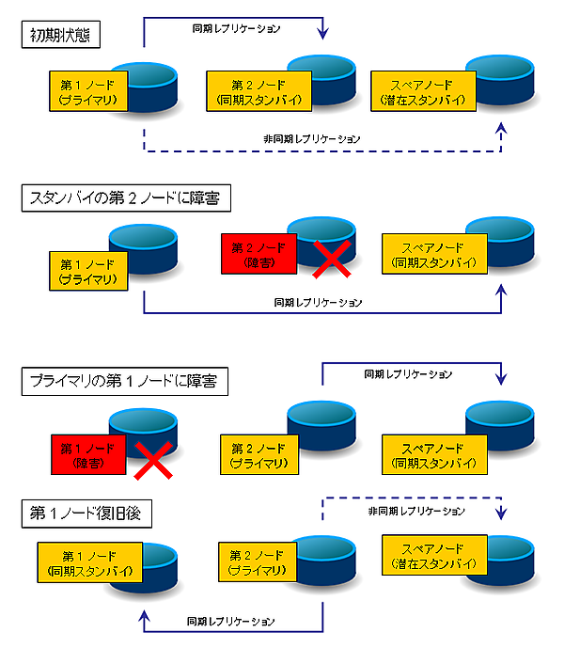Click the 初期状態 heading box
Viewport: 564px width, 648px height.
point(62,37)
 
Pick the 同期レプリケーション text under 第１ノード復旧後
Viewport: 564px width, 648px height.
point(230,622)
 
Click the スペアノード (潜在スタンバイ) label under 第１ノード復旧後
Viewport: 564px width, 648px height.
point(434,556)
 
